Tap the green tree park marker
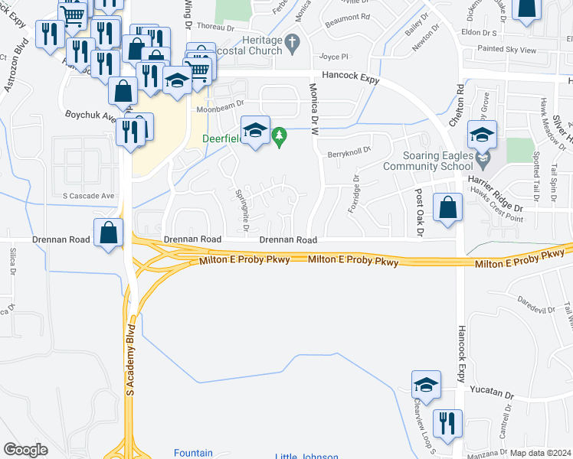tap(280, 138)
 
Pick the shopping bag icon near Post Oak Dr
tap(448, 207)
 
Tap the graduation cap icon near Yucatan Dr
tap(427, 385)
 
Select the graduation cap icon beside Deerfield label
tap(256, 130)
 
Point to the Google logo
tap(26, 450)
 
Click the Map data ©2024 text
tap(541, 453)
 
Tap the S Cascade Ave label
tap(88, 196)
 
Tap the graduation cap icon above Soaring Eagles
tap(482, 135)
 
